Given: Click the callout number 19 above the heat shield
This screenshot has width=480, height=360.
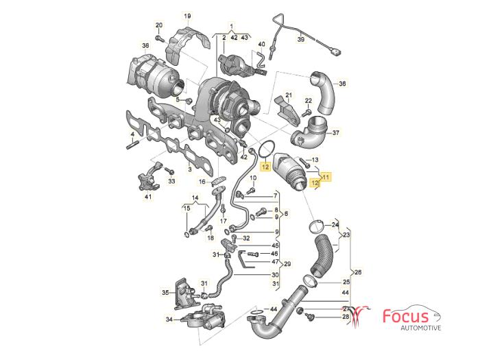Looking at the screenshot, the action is pos(187,16).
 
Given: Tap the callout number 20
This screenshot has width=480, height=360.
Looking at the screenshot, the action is pos(159,25).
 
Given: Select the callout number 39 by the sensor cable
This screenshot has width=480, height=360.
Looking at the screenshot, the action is pos(301,40).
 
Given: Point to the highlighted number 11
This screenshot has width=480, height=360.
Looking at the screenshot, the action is pos(326,177).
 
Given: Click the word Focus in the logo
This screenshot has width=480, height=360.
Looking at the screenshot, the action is pos(406,317).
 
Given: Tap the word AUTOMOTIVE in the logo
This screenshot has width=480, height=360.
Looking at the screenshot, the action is pos(421,328).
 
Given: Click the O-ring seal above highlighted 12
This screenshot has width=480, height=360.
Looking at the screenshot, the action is pos(267,149).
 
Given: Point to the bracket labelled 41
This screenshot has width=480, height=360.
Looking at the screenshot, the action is pos(149,178).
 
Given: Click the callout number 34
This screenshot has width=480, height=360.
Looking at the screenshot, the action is pos(169,320).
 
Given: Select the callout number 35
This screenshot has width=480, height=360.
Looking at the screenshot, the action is pos(165,293).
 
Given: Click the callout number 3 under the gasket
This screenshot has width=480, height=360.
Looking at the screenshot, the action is pos(190,169).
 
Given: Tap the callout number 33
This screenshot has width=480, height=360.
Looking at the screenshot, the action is pos(171,181).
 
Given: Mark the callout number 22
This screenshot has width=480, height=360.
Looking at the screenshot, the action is pos(309,100).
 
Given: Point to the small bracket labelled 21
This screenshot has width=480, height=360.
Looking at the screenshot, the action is pos(289,111).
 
